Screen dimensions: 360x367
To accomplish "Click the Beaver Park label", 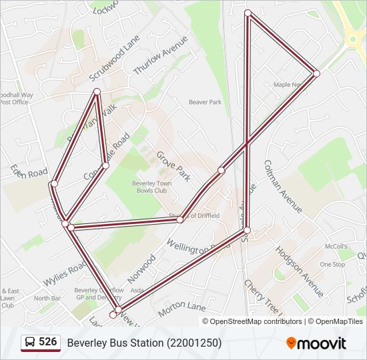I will pos(205,102).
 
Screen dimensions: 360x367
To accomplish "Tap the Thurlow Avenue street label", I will pos(161,55).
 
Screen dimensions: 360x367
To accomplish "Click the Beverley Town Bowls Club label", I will pos(152,186).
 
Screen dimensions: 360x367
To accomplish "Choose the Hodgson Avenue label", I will pos(299,272).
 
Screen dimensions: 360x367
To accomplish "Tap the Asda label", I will pos(137,291).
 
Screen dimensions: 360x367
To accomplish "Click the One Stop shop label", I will pos(332,265).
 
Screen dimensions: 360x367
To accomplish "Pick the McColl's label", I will pos(336,247).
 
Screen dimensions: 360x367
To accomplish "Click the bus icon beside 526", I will pos(30,343).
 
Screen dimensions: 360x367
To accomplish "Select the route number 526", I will pos(47,342).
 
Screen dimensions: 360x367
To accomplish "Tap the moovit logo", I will pos(316,343).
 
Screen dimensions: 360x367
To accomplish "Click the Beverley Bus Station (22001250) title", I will pos(144,343).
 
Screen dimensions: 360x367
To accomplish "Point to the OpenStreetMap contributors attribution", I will pos(255,321).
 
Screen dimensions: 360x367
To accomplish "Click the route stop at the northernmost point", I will pos(248,13).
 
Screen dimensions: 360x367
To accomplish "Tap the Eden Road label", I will pos(29,172).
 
